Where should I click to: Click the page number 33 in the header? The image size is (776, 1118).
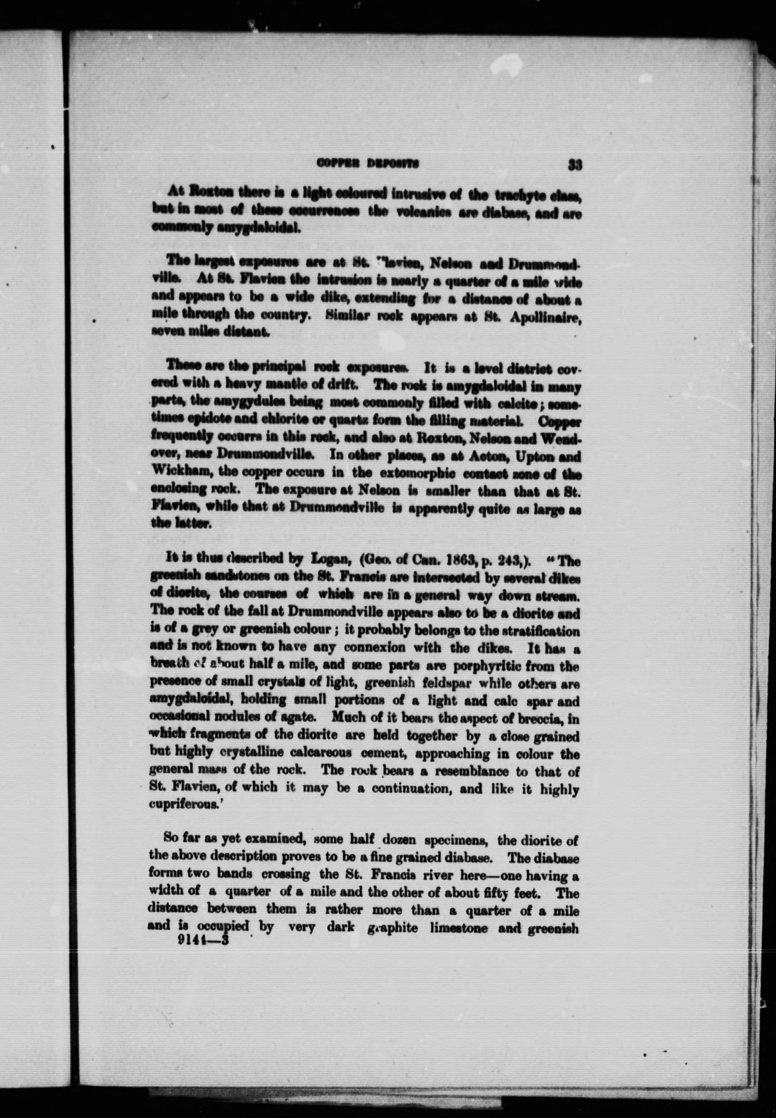tap(575, 165)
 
